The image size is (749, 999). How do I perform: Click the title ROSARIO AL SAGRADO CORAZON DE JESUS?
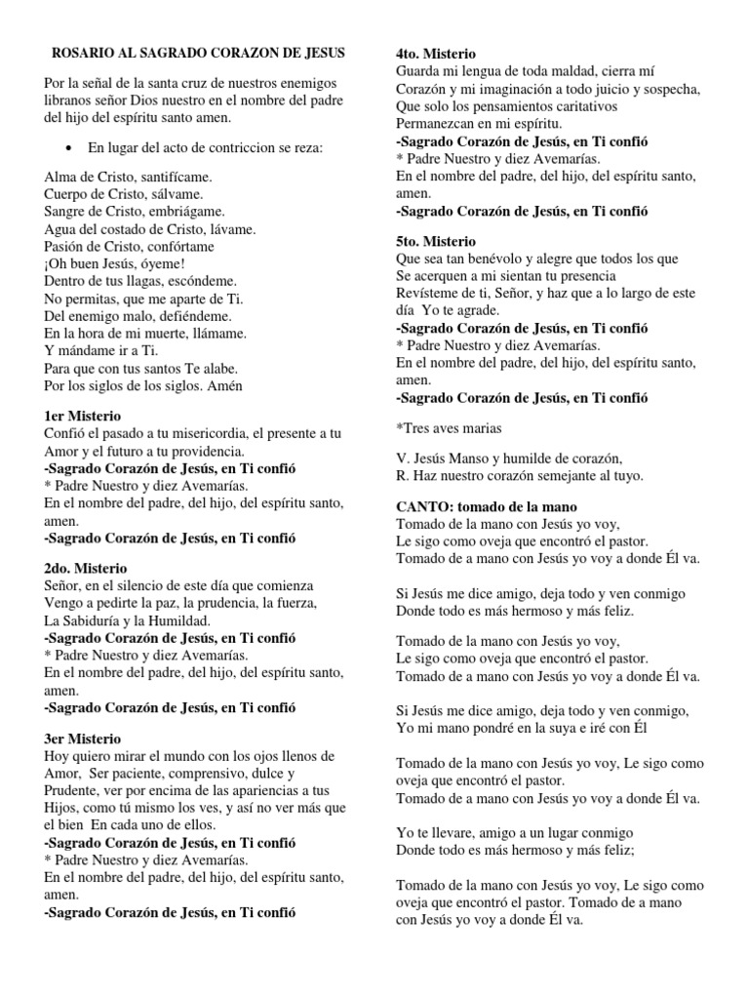197,52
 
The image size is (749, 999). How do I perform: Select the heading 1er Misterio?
83,416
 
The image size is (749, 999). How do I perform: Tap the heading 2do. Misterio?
86,568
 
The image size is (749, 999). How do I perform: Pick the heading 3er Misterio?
83,739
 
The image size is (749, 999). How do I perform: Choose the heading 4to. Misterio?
436,54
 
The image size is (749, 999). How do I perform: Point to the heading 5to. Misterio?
436,241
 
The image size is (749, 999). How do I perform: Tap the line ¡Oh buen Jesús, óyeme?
114,263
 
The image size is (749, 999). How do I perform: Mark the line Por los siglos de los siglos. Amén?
142,385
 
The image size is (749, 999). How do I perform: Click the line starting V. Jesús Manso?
509,458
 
